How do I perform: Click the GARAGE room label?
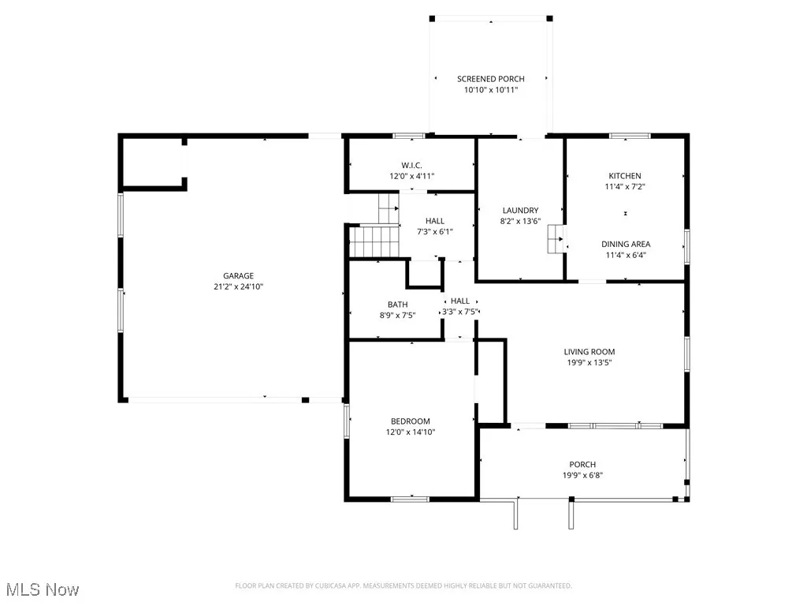238,276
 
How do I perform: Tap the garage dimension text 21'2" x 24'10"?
238,287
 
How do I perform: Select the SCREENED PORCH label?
491,79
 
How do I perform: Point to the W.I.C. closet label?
411,165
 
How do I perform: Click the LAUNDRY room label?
520,211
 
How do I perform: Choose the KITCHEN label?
624,176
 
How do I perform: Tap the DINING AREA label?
627,245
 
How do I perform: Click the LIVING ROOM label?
589,352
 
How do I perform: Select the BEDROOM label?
411,421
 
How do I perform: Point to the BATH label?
397,305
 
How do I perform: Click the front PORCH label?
582,465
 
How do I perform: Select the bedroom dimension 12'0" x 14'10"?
411,432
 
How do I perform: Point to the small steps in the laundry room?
557,239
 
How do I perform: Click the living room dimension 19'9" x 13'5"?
589,363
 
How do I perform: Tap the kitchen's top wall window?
630,136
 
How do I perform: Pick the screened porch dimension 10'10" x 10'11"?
491,90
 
